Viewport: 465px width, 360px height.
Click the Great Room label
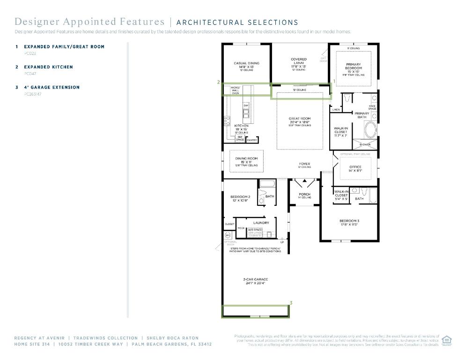(300, 119)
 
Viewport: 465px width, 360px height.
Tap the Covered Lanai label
(299, 61)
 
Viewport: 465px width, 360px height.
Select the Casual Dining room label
(246, 63)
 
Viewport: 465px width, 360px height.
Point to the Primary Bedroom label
(354, 66)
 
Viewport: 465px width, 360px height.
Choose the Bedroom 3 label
(349, 221)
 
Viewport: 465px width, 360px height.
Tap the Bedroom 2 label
(240, 197)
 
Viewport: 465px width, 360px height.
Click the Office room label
(355, 167)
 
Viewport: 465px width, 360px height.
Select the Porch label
(304, 194)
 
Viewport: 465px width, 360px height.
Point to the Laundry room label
(261, 223)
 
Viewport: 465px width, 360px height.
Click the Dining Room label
(246, 158)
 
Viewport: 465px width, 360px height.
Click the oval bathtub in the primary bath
(370, 129)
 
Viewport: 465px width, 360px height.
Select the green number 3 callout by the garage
(291, 303)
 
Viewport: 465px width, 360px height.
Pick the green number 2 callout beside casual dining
(218, 82)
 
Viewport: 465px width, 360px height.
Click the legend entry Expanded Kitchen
(48, 67)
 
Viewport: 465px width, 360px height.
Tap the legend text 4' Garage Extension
(52, 87)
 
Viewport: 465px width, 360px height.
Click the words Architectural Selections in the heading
(237, 22)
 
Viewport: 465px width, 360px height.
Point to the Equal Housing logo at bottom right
(446, 340)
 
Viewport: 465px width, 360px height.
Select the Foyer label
(304, 164)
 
